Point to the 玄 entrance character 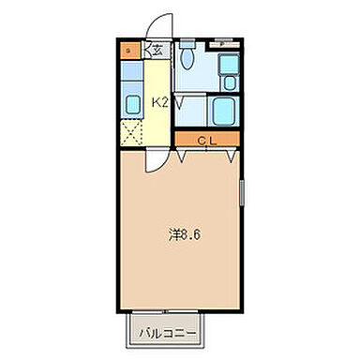[158, 52]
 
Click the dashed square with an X [131, 131]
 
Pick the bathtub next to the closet [223, 113]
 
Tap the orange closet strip [207, 140]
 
